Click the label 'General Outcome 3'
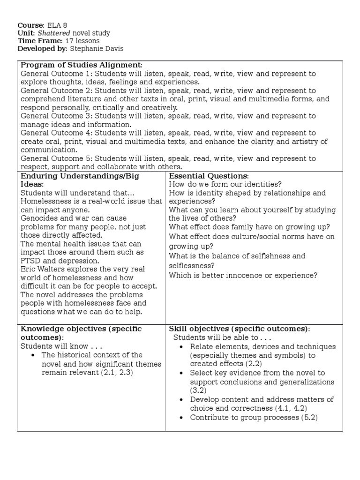click(51, 116)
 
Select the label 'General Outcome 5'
click(51, 158)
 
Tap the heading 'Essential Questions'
click(209, 176)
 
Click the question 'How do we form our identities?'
click(222, 184)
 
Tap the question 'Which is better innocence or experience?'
click(243, 275)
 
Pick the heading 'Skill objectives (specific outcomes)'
click(239, 329)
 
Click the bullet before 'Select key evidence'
click(181, 374)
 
